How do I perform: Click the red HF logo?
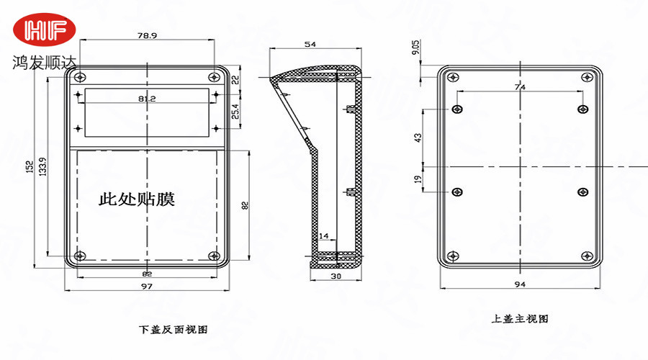click(48, 30)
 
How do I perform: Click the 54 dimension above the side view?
click(310, 45)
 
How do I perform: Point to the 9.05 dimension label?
click(416, 48)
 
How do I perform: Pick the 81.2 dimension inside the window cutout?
click(147, 98)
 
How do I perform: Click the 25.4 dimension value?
click(235, 111)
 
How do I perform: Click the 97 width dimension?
click(146, 287)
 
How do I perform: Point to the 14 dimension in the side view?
click(323, 235)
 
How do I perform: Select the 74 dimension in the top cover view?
click(520, 86)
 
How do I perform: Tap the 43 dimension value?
click(418, 138)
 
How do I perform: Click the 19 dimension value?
click(418, 179)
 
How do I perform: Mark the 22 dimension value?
click(235, 80)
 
